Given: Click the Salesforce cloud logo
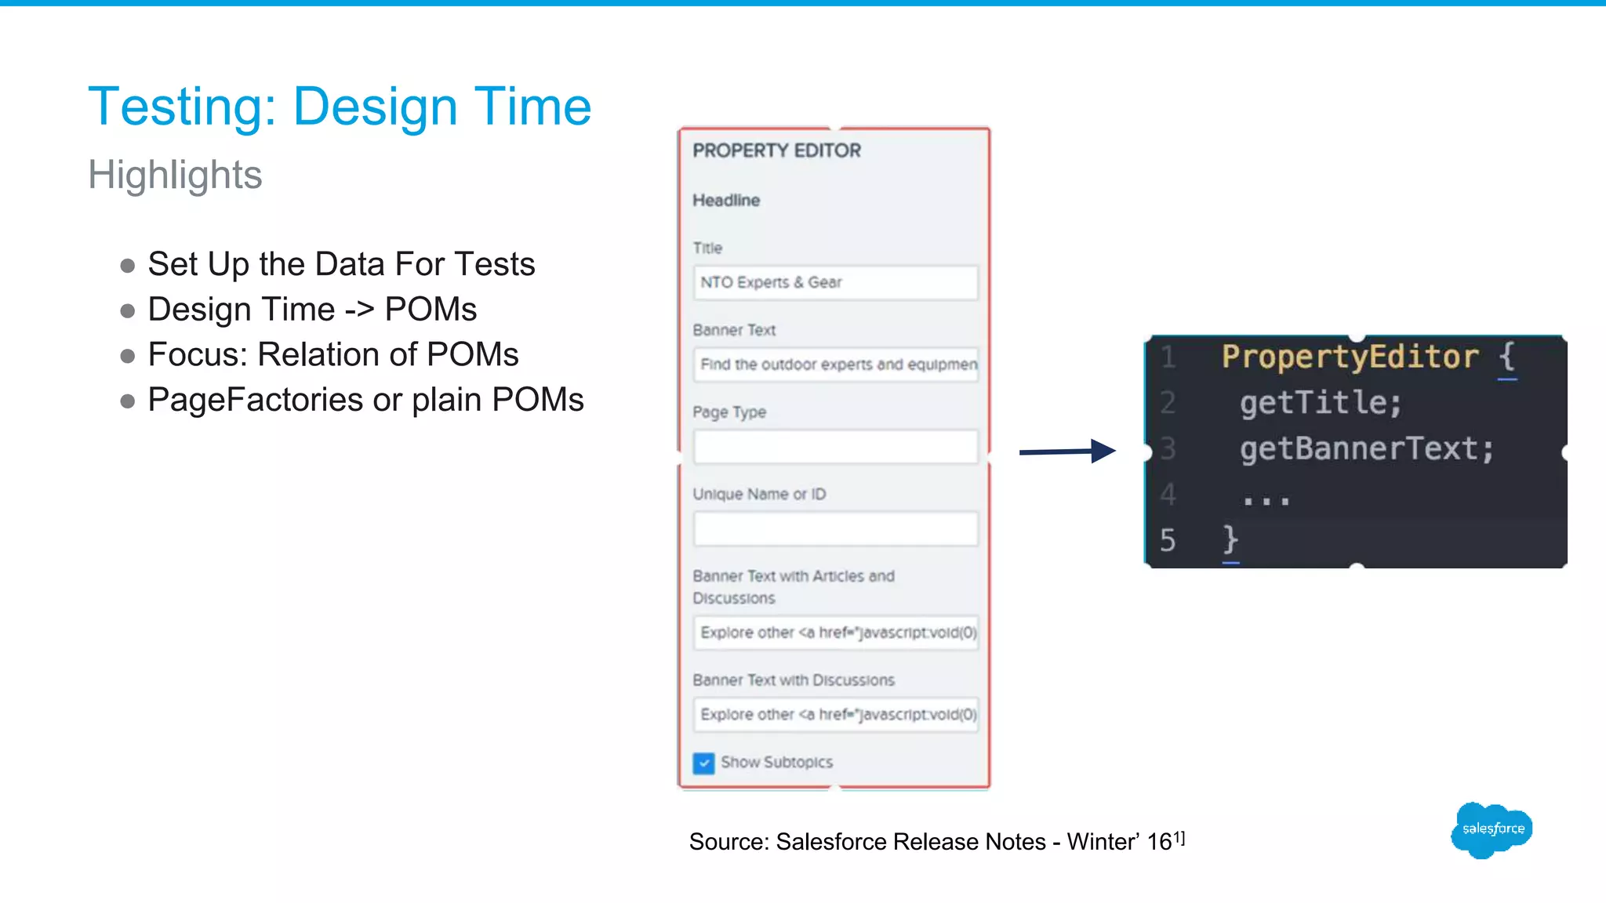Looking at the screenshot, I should click(1492, 829).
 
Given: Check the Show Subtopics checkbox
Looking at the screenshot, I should click(703, 763).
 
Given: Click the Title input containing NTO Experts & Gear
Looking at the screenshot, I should click(835, 282).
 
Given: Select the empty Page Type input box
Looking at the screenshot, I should click(835, 447).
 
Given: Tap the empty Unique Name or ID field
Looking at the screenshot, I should click(835, 529).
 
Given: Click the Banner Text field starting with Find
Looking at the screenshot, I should click(835, 364).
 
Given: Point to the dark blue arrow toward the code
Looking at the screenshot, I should click(1066, 451).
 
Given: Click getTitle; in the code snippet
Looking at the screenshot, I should click(1321, 403).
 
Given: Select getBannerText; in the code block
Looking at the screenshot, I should click(1367, 449).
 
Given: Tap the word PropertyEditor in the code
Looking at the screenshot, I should click(1350, 357).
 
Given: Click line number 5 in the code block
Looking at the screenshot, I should click(1168, 541).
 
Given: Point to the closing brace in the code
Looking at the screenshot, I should click(1230, 540).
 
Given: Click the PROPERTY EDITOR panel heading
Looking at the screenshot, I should click(776, 150).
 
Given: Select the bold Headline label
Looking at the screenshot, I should click(726, 201).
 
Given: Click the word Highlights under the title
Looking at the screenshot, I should click(175, 174).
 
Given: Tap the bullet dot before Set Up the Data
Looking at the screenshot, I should click(128, 266).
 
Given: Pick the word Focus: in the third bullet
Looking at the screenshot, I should click(198, 354).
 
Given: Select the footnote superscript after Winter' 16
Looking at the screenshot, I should click(1179, 838).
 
